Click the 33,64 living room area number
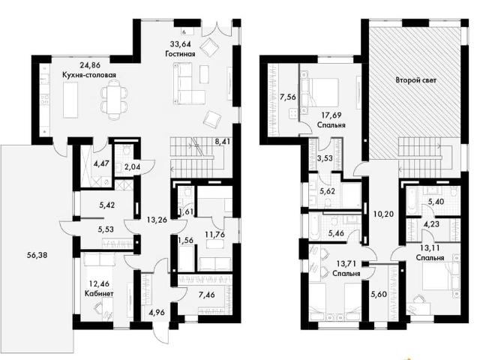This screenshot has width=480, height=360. click(181, 44)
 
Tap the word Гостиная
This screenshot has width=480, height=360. click(180, 54)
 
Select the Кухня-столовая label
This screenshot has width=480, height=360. click(89, 75)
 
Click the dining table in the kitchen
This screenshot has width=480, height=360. click(114, 98)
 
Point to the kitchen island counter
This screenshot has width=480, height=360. click(70, 100)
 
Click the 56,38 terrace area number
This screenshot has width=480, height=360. click(37, 255)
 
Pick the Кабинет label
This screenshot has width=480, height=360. click(99, 293)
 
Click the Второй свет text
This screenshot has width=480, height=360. click(416, 80)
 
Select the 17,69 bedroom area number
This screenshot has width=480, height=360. click(331, 115)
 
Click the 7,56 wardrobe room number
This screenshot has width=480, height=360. click(287, 97)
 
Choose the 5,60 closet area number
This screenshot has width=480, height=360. click(379, 295)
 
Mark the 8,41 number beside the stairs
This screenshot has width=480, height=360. click(223, 142)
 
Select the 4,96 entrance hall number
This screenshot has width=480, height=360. click(157, 313)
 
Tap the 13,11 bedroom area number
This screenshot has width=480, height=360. click(430, 247)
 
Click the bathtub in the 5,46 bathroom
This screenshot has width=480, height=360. click(315, 226)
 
